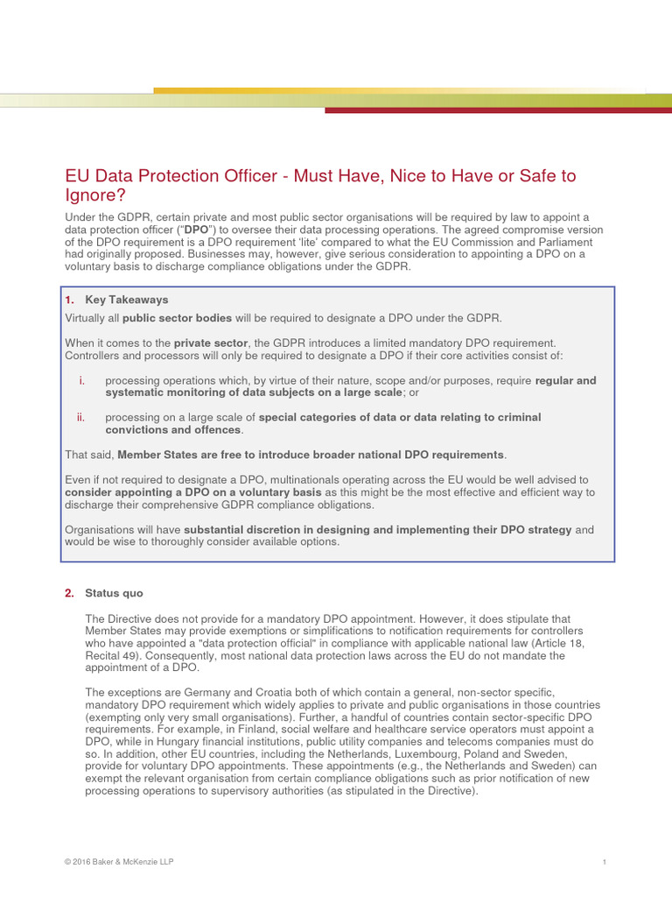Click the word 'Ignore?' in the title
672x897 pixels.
pos(95,195)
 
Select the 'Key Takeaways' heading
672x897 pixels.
pos(126,300)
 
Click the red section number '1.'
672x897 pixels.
pos(70,300)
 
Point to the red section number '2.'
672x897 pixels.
pos(70,593)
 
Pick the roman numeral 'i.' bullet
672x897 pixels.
pos(81,380)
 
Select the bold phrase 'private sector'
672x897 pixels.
pos(211,343)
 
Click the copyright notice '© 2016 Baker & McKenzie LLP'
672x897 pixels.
pos(119,862)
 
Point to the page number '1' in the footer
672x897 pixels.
pos(605,863)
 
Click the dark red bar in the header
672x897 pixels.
pos(498,110)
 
